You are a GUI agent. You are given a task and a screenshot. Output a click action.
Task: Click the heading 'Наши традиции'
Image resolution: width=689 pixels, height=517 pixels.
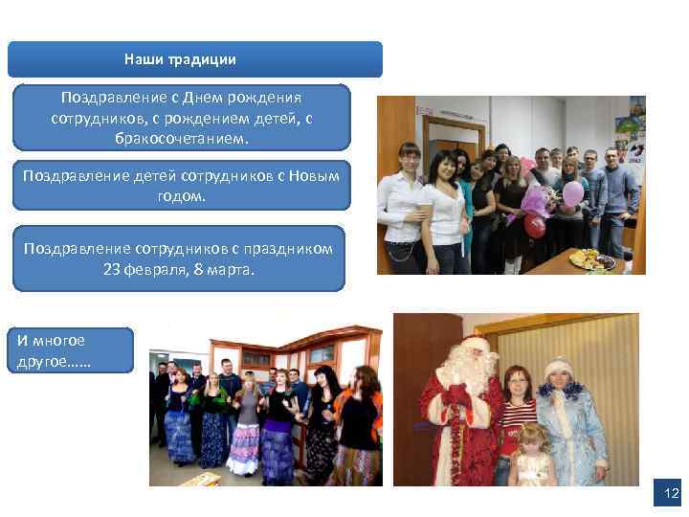coord(180,59)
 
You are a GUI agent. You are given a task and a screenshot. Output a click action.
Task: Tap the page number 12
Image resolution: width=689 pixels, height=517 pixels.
coord(671,494)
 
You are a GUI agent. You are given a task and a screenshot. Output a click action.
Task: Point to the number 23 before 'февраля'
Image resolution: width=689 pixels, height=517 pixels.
coord(112,269)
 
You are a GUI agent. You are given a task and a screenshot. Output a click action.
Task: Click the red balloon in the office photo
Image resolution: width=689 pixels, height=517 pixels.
coord(534,224)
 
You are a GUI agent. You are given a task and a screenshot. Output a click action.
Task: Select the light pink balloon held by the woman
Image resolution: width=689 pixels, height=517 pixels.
coord(572,194)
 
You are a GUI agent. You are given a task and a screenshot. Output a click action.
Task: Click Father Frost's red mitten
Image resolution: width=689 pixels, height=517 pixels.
coord(458,395)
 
